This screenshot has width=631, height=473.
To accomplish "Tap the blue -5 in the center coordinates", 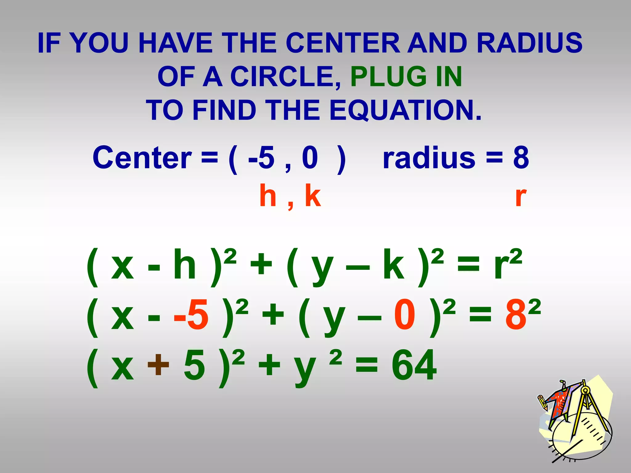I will (261, 158).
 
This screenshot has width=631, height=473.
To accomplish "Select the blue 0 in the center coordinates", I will (310, 158).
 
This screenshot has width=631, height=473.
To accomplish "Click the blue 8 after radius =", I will (521, 158).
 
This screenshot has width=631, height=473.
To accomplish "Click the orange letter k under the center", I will (313, 196).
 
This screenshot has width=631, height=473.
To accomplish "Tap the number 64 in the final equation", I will (414, 366).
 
